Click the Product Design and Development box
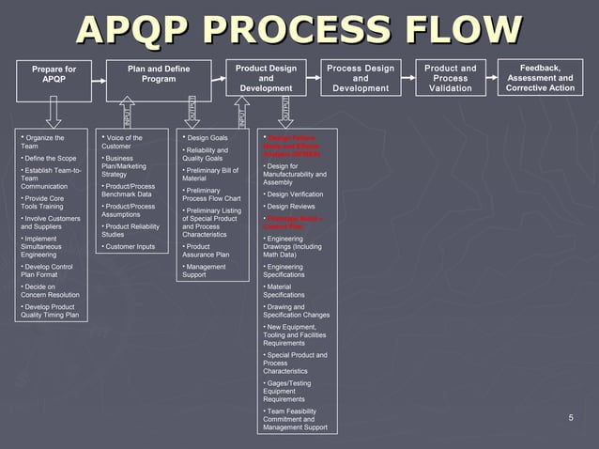coord(267,78)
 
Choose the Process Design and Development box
coord(361,78)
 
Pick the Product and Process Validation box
coord(451,78)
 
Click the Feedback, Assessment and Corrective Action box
coord(540,78)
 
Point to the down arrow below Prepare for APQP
coord(54,112)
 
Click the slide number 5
coord(570,417)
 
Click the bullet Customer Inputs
coord(131,247)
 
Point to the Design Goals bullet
coord(207,138)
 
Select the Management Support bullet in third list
coord(205,271)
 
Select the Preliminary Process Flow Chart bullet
coord(211,194)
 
